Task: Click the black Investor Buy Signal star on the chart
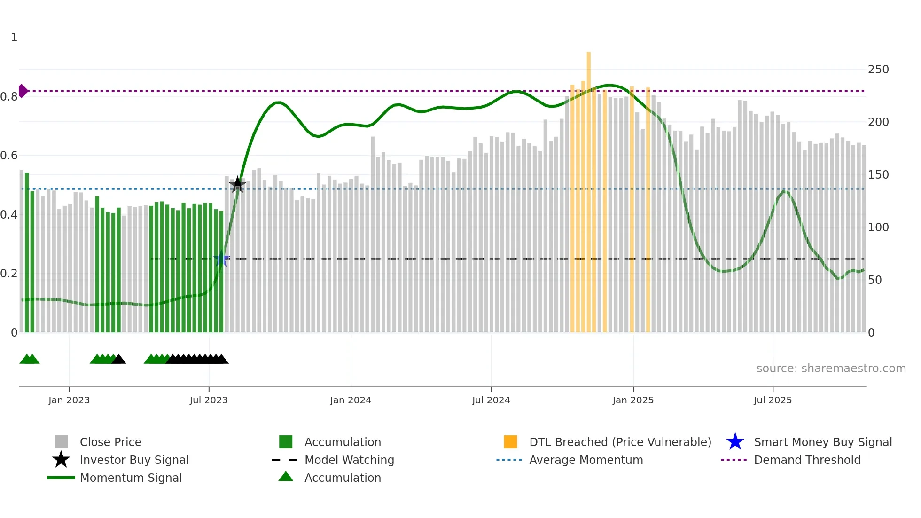238,185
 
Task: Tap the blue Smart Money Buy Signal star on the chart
221,259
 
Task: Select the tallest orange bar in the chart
589,188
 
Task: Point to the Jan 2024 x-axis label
351,400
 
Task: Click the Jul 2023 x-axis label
209,400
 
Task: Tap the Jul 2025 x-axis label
773,400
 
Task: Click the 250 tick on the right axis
878,70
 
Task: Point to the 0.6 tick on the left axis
9,156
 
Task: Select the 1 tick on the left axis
14,38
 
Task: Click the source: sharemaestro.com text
831,369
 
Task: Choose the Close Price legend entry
110,442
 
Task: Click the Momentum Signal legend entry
131,478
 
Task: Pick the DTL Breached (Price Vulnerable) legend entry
620,442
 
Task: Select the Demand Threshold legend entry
807,460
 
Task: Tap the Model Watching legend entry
349,460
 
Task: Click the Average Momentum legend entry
586,460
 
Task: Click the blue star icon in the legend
735,442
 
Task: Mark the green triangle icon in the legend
286,477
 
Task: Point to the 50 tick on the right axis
875,280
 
